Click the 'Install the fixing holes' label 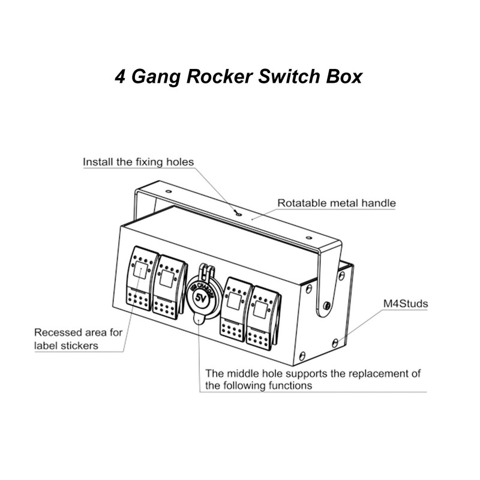click(138, 162)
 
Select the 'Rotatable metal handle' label click(336, 203)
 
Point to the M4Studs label click(405, 304)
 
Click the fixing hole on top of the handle click(238, 212)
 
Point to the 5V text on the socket click(199, 298)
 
